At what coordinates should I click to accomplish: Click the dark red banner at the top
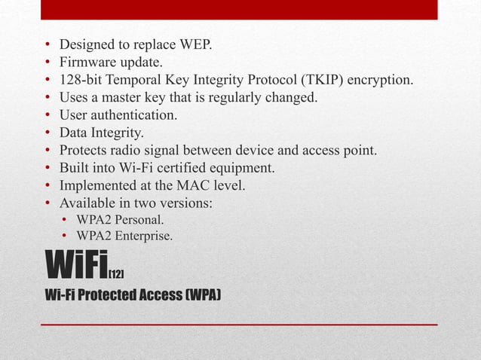click(x=239, y=10)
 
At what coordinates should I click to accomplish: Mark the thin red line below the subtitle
click(x=239, y=324)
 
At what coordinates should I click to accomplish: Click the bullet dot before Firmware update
click(x=48, y=63)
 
